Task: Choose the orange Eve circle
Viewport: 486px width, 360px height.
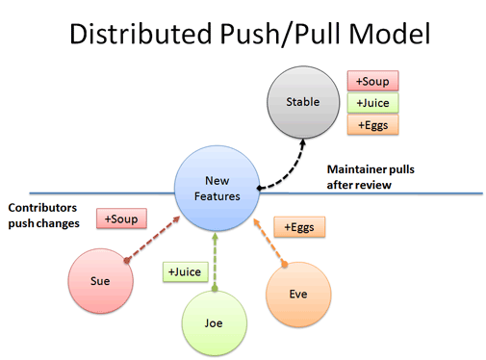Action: pyautogui.click(x=297, y=293)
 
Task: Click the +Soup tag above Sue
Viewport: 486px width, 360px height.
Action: pyautogui.click(x=121, y=219)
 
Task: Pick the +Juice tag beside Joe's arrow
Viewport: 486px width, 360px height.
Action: pyautogui.click(x=182, y=272)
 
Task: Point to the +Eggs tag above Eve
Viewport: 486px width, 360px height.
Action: pyautogui.click(x=299, y=227)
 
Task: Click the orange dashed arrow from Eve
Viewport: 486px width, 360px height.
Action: pyautogui.click(x=270, y=241)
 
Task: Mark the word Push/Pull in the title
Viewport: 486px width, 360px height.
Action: pyautogui.click(x=270, y=36)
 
